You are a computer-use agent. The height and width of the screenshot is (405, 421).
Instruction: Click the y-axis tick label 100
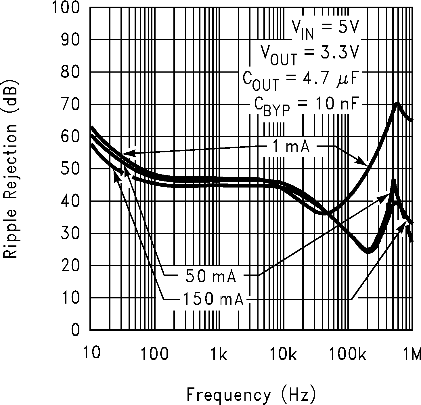tap(66, 8)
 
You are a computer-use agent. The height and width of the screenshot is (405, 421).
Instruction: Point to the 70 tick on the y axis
tap(70, 105)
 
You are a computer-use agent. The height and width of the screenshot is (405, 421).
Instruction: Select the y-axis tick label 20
tap(70, 266)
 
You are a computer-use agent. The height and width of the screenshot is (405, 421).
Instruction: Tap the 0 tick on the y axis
tap(75, 330)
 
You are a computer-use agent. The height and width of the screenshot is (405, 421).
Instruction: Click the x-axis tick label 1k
tap(219, 354)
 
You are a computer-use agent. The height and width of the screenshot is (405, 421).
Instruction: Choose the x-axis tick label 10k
tap(283, 354)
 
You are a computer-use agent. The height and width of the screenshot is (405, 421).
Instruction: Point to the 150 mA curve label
tap(213, 299)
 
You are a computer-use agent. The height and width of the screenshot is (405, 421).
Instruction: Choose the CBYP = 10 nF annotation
tap(306, 106)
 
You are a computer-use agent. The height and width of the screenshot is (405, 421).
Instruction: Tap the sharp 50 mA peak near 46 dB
tap(393, 181)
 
